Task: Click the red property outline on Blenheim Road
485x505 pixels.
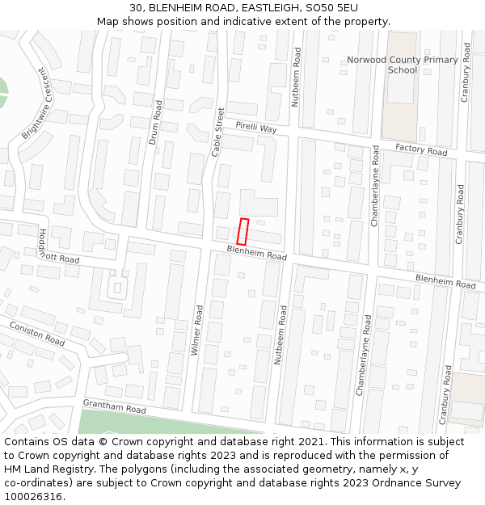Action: point(243,232)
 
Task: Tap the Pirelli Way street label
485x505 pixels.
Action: point(255,128)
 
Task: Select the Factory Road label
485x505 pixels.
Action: point(420,150)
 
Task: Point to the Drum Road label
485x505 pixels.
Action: point(155,122)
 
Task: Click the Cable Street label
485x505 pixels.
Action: point(217,133)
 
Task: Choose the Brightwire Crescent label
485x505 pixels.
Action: point(35,103)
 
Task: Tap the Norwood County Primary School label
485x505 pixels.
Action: point(402,65)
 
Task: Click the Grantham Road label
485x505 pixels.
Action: point(114,406)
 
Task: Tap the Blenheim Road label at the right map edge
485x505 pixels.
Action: point(445,281)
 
